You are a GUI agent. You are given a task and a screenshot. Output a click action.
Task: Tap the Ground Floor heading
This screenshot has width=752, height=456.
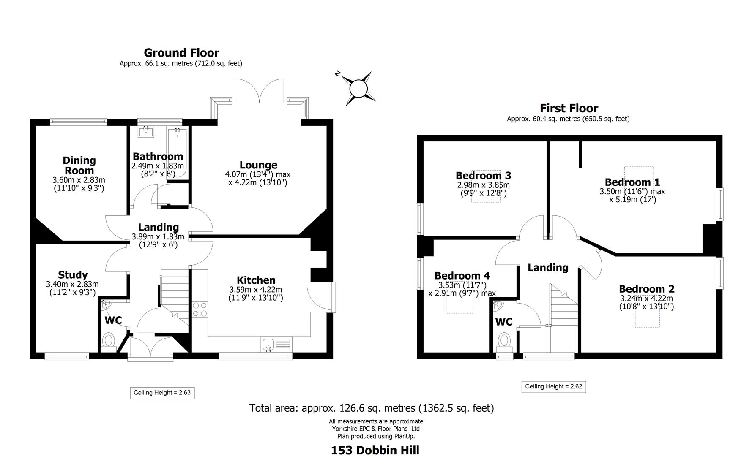coord(181,53)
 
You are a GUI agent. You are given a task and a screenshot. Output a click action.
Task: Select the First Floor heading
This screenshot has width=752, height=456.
coord(569,108)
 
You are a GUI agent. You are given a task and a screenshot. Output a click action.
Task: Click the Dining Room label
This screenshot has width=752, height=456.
coord(79,166)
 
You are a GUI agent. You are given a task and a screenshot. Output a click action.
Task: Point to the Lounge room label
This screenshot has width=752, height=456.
coord(258,165)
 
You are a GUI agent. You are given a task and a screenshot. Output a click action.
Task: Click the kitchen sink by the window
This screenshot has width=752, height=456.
coord(268,345)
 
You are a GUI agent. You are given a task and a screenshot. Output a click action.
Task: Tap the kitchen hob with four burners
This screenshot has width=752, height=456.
coord(200,309)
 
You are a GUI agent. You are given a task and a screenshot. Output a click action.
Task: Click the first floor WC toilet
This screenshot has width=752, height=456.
coord(504,340)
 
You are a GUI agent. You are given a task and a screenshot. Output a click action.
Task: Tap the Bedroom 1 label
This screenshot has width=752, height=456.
coord(632,182)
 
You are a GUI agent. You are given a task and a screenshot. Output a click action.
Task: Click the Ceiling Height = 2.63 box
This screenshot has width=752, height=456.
coord(162,393)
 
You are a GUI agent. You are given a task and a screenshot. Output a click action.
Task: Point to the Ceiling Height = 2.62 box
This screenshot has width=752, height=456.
coord(553,386)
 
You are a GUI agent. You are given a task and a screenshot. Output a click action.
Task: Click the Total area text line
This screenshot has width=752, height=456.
coord(371,408)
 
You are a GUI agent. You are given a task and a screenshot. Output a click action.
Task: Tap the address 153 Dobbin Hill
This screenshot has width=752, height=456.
coord(375,450)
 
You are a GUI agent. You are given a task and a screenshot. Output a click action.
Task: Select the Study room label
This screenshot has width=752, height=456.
coord(73,275)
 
